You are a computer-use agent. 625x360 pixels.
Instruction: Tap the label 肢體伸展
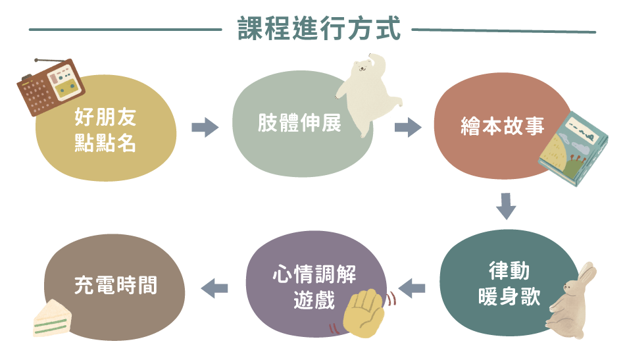pos(300,124)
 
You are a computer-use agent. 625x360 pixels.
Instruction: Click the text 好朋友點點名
pos(106,130)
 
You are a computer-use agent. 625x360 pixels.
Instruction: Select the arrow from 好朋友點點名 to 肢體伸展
pos(205,127)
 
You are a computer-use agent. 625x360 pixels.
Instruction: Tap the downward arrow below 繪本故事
pos(505,205)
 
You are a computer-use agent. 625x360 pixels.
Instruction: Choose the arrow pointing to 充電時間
pos(214,288)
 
